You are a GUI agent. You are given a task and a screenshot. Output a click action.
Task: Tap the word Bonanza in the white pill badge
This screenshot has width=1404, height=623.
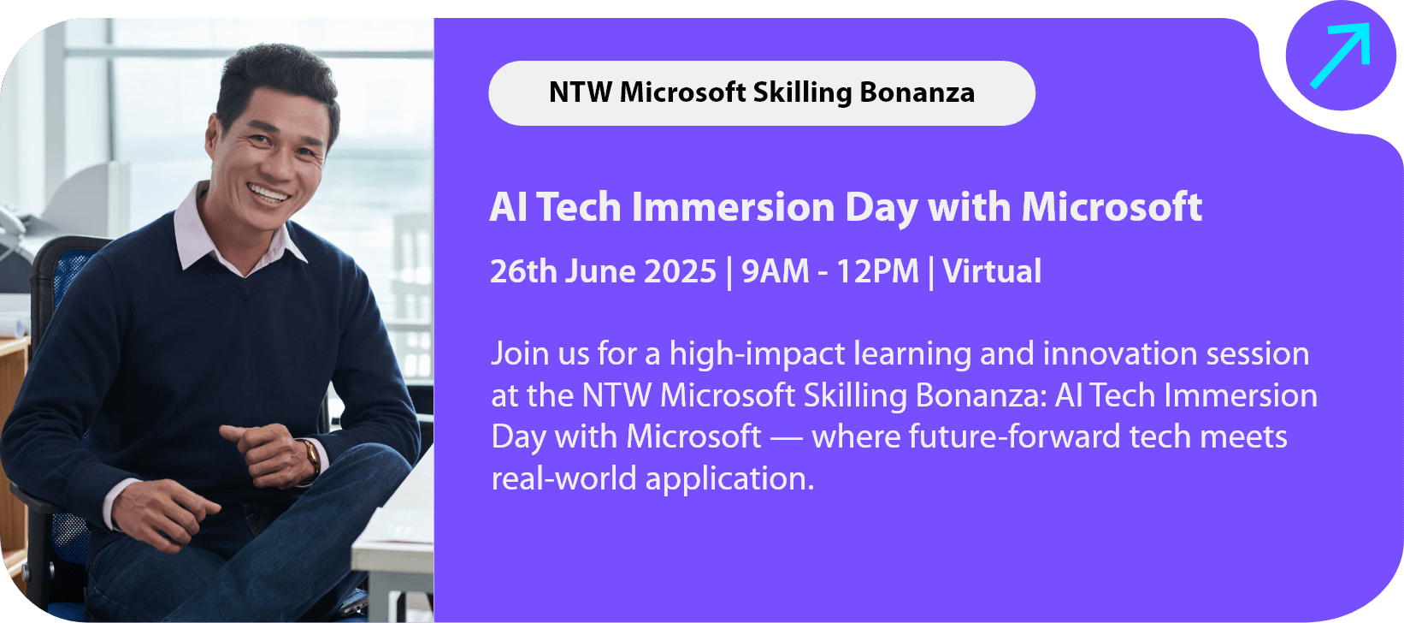click(x=917, y=93)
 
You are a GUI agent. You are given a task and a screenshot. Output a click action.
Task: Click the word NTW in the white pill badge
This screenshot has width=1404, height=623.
click(x=581, y=93)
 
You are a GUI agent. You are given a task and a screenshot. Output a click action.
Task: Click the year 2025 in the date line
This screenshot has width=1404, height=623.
click(x=680, y=271)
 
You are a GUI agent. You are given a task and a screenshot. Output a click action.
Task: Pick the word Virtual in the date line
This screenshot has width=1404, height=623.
click(x=992, y=271)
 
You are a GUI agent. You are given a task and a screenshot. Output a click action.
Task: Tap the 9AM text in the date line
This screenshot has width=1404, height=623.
click(x=776, y=271)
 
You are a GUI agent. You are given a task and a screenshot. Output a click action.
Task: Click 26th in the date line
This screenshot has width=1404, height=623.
click(x=523, y=271)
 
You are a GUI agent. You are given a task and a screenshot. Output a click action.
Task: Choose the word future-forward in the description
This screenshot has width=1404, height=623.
click(x=1014, y=436)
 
